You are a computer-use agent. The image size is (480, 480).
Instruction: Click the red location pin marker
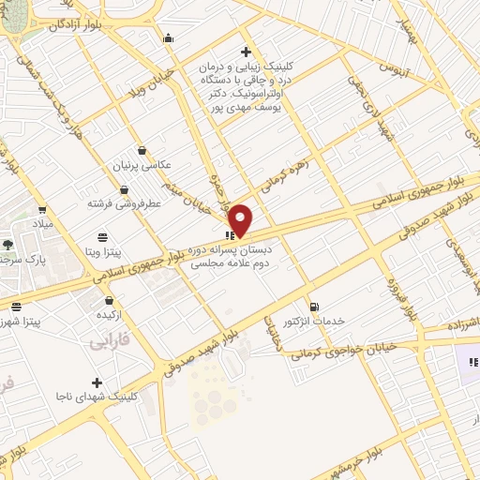(x=241, y=220)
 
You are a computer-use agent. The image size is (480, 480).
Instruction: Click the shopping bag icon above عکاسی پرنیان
(x=142, y=150)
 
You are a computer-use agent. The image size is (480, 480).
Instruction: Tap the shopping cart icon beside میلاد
(x=42, y=210)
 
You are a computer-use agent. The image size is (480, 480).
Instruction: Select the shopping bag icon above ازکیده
(x=110, y=301)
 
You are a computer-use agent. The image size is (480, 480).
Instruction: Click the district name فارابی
(x=107, y=343)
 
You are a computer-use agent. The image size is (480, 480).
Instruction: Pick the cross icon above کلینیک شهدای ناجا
(x=97, y=382)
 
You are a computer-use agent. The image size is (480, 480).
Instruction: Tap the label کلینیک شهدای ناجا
(x=96, y=397)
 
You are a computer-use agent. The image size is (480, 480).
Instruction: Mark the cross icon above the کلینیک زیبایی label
(x=246, y=52)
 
